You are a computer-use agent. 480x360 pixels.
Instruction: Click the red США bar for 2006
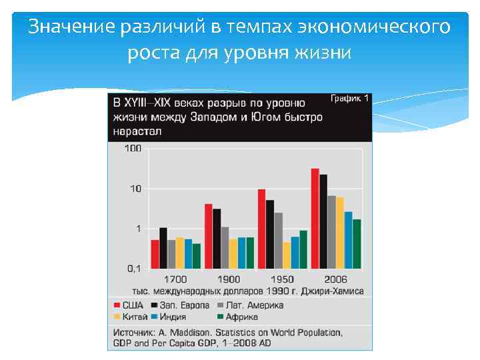315,218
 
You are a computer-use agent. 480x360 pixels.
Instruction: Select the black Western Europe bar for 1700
163,248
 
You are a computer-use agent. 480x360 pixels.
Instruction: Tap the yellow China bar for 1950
287,255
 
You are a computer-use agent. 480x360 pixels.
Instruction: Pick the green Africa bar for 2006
357,244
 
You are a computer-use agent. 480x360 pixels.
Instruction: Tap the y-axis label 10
135,189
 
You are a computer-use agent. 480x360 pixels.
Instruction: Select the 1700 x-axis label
175,279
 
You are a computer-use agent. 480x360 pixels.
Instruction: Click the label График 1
349,98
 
